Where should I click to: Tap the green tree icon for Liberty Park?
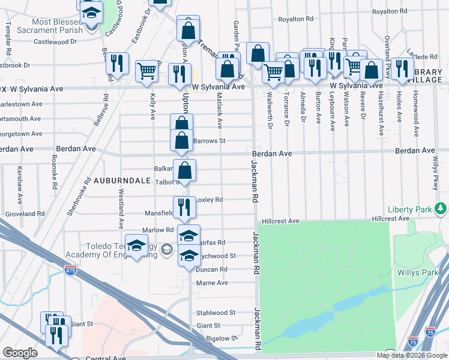click(441, 208)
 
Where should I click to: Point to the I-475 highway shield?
click(71, 270)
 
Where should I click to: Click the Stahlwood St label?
click(216, 313)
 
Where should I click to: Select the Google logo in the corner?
click(20, 353)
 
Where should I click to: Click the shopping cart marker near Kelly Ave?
click(147, 71)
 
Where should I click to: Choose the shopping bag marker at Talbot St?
click(185, 170)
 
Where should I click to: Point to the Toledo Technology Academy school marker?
click(137, 246)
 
